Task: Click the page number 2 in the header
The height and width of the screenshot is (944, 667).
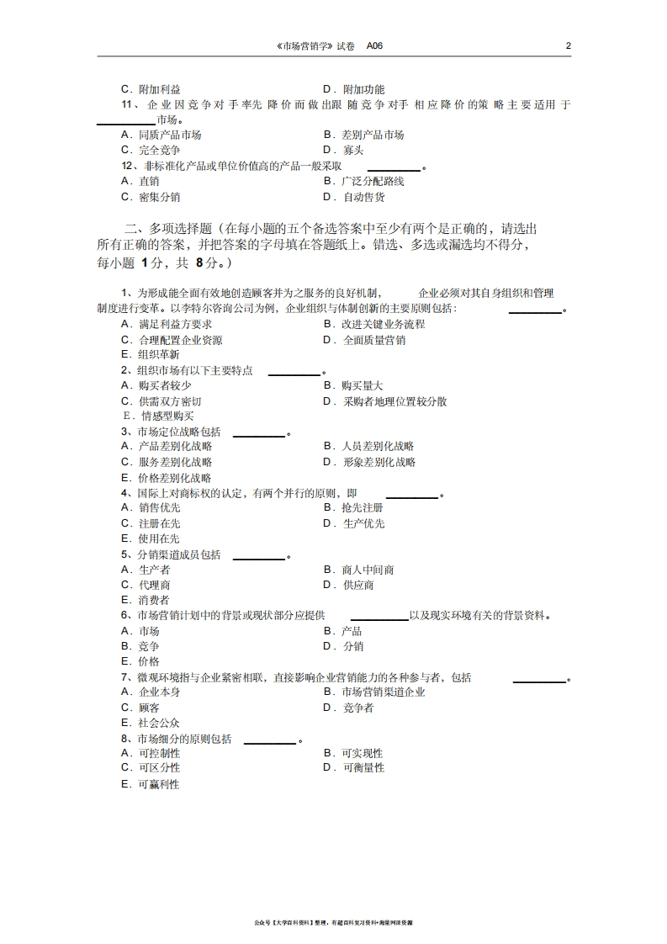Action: click(x=569, y=45)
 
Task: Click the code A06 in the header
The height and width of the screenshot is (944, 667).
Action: click(x=374, y=45)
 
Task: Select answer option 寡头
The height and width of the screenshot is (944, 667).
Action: click(x=353, y=151)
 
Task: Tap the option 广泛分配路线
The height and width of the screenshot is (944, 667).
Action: click(x=373, y=181)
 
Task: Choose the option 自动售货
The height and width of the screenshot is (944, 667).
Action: click(x=364, y=197)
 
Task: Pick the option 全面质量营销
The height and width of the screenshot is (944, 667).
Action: click(x=374, y=341)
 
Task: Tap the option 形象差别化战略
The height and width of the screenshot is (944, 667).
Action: click(x=378, y=462)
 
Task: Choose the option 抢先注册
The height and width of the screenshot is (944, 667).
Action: click(x=363, y=508)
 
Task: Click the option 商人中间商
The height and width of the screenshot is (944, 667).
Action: click(x=368, y=570)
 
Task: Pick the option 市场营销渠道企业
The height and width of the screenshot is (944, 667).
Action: click(x=384, y=692)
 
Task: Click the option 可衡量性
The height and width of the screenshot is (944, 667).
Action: click(x=363, y=767)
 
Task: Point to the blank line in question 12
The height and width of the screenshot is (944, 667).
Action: click(x=394, y=170)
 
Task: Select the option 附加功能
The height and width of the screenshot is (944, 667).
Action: click(x=363, y=89)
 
